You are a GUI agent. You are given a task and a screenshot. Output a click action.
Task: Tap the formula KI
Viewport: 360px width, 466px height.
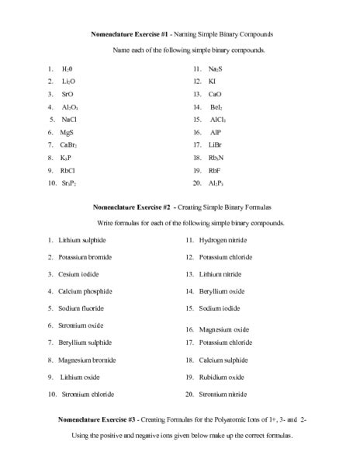[x=213, y=81]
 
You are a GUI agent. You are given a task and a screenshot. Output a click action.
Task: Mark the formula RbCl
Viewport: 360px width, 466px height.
[x=67, y=170]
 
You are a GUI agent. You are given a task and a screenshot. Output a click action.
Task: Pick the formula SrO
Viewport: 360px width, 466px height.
[x=67, y=93]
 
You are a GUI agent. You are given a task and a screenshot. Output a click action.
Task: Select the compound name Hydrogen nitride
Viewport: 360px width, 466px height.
[x=224, y=241]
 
